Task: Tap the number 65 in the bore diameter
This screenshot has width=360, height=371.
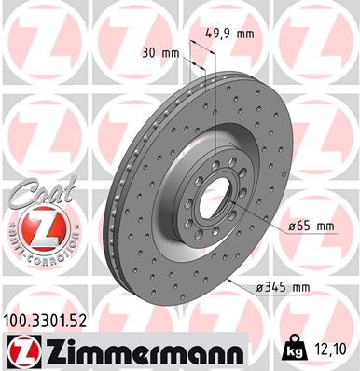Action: point(305,227)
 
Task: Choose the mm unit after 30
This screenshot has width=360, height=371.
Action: point(169,53)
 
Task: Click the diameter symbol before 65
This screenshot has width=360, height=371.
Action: point(292,227)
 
